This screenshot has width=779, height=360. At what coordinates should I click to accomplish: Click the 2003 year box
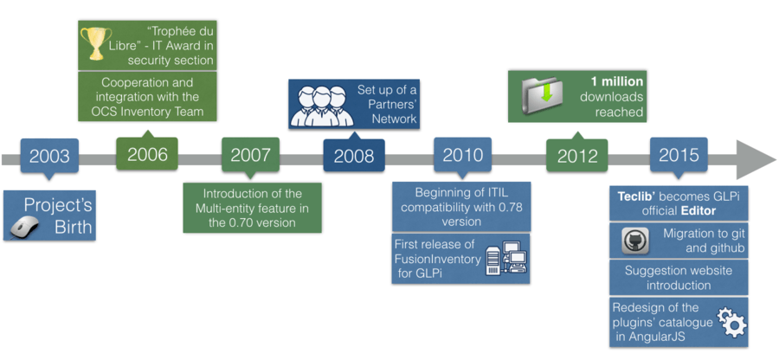click(x=48, y=157)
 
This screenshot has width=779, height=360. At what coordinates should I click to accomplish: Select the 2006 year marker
click(x=147, y=156)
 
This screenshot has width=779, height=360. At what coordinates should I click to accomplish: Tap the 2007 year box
click(x=250, y=157)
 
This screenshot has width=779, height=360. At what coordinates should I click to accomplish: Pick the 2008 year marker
click(x=353, y=157)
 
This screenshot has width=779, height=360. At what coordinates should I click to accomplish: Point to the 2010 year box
click(x=462, y=156)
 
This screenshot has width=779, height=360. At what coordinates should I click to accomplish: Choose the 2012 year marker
click(x=576, y=157)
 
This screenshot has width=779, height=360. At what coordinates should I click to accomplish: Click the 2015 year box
click(x=679, y=156)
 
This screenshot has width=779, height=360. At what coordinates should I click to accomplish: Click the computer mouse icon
click(x=28, y=228)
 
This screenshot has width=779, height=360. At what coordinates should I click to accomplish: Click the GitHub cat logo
click(x=635, y=241)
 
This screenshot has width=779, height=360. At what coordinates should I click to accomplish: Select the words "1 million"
click(x=616, y=82)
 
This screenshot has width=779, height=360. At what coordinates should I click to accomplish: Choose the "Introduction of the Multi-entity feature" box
click(x=252, y=208)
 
